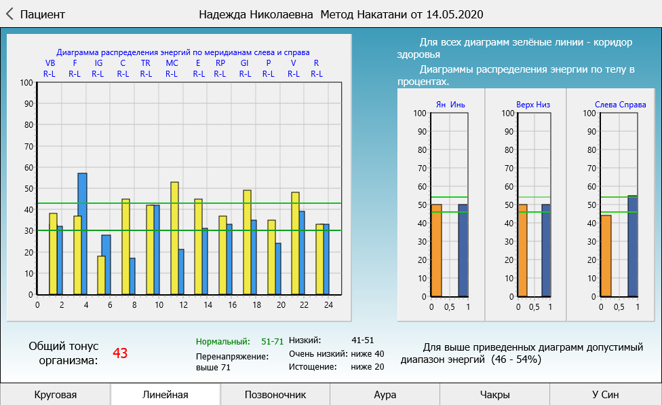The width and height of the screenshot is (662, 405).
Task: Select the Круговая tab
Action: click(x=55, y=394)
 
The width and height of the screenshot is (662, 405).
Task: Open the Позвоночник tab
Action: click(x=275, y=394)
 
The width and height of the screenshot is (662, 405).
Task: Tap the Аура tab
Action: click(x=385, y=394)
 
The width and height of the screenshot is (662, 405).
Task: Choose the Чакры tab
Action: click(x=494, y=394)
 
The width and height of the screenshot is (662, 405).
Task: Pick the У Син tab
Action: click(x=605, y=394)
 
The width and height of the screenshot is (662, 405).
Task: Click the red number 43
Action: click(x=120, y=353)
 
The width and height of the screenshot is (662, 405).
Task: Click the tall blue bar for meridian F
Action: click(x=82, y=234)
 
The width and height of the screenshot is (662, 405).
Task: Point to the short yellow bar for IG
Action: click(x=102, y=275)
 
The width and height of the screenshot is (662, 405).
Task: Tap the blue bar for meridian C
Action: click(x=132, y=276)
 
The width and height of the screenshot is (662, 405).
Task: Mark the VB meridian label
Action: click(x=50, y=63)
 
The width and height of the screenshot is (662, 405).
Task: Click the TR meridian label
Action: click(x=146, y=63)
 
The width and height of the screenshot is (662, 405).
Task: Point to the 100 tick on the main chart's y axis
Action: click(x=26, y=83)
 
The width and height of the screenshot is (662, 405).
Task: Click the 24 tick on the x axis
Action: click(x=328, y=305)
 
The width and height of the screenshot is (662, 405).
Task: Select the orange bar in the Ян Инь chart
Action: click(x=436, y=251)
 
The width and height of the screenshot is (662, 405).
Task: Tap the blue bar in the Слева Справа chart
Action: click(x=632, y=246)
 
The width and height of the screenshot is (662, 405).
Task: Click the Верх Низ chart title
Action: click(x=533, y=105)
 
